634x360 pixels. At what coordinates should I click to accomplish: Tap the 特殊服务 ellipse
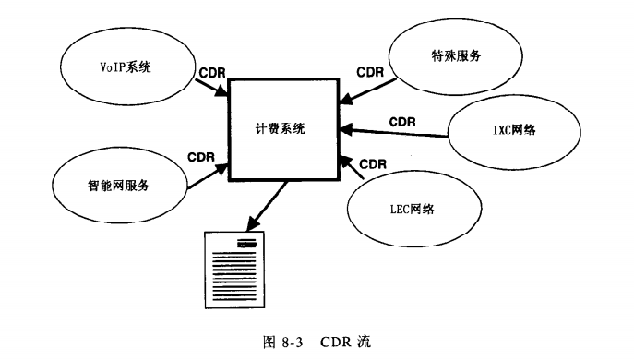[x=455, y=55]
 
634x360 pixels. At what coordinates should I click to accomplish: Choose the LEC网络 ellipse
[x=407, y=210]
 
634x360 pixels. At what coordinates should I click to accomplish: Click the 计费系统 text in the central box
[x=281, y=129]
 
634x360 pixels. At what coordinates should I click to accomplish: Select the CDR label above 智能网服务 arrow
[x=201, y=157]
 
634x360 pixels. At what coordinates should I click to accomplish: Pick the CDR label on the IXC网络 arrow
[x=401, y=121]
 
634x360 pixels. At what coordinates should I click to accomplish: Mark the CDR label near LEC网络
[x=373, y=164]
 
